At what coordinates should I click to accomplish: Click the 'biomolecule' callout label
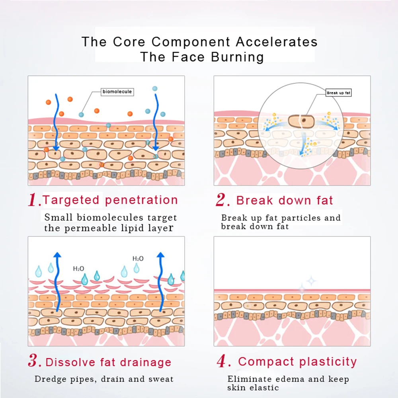tap(117, 92)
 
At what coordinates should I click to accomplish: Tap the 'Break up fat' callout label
tap(339, 93)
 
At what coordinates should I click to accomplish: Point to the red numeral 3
tap(34, 362)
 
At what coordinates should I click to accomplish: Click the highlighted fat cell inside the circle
tap(301, 121)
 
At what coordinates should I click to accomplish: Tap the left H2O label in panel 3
tap(78, 269)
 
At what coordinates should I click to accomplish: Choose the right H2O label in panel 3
tap(138, 259)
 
